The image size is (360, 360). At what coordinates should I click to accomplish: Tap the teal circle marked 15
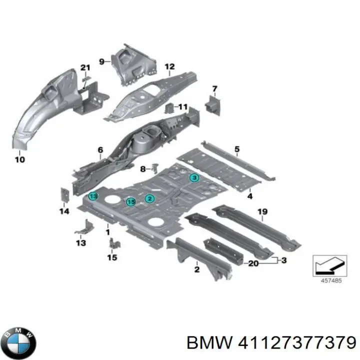tap(130, 201)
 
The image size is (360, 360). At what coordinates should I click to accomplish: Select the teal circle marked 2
tap(149, 198)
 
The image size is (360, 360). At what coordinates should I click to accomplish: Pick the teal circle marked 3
tap(193, 177)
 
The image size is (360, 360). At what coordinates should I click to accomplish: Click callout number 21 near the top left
tap(85, 68)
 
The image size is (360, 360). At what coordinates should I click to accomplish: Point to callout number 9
tap(101, 61)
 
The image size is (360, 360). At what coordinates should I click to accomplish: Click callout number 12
tap(169, 66)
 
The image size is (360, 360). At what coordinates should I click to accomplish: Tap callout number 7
tap(214, 89)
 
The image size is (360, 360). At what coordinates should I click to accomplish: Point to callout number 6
tap(100, 149)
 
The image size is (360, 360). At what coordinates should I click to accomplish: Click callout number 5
tap(237, 148)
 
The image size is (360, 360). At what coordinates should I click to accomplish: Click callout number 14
tap(63, 211)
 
